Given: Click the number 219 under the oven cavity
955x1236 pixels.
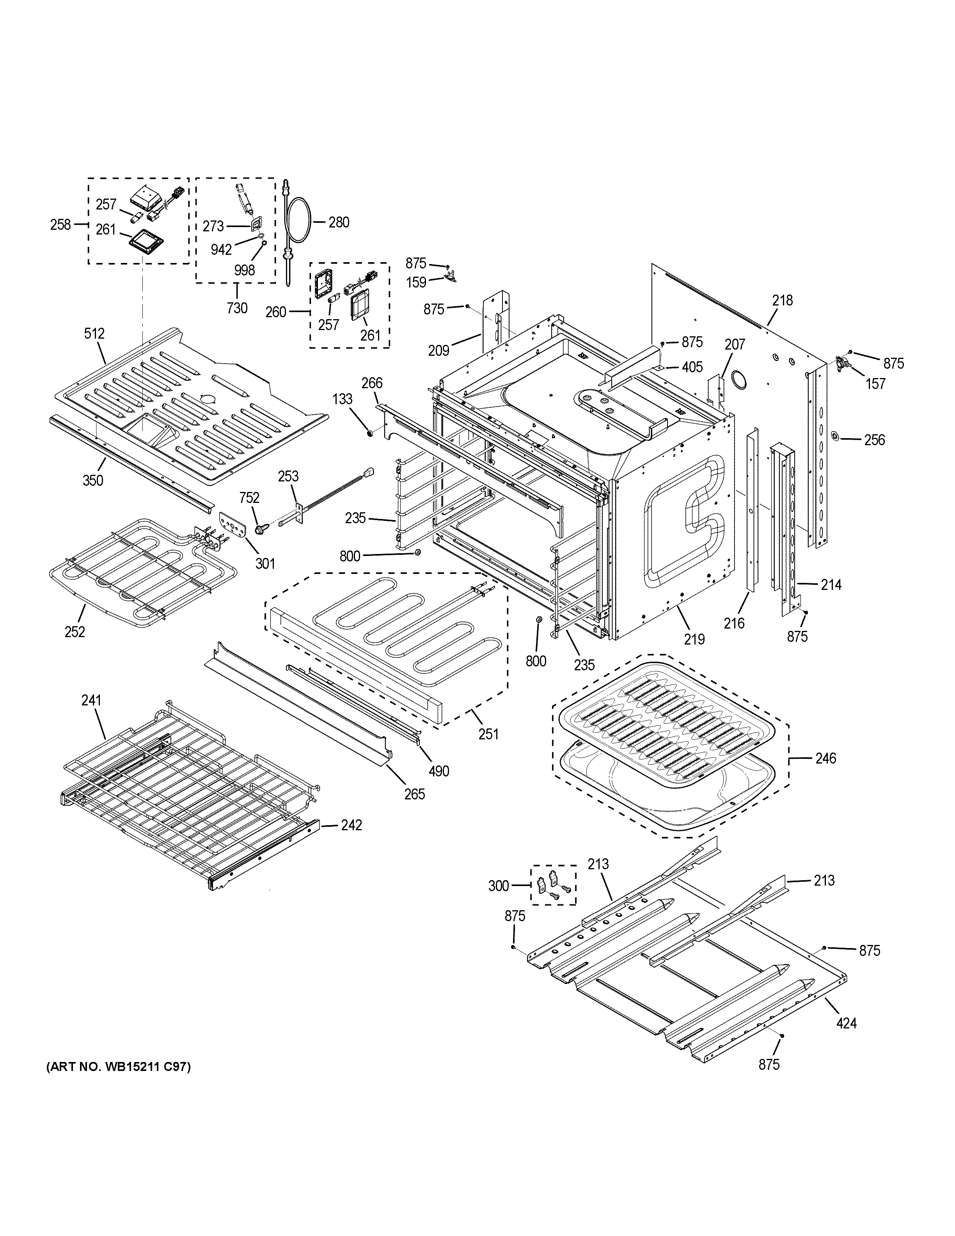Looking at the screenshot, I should click(694, 639).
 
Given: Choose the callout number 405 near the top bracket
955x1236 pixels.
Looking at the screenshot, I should click(692, 367).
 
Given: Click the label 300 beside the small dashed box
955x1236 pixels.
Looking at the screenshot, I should click(499, 886).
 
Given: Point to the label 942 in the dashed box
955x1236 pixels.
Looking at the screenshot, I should click(221, 249).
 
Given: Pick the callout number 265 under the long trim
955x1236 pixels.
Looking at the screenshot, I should click(414, 794).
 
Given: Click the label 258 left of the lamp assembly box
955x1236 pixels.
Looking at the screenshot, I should click(60, 225).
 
